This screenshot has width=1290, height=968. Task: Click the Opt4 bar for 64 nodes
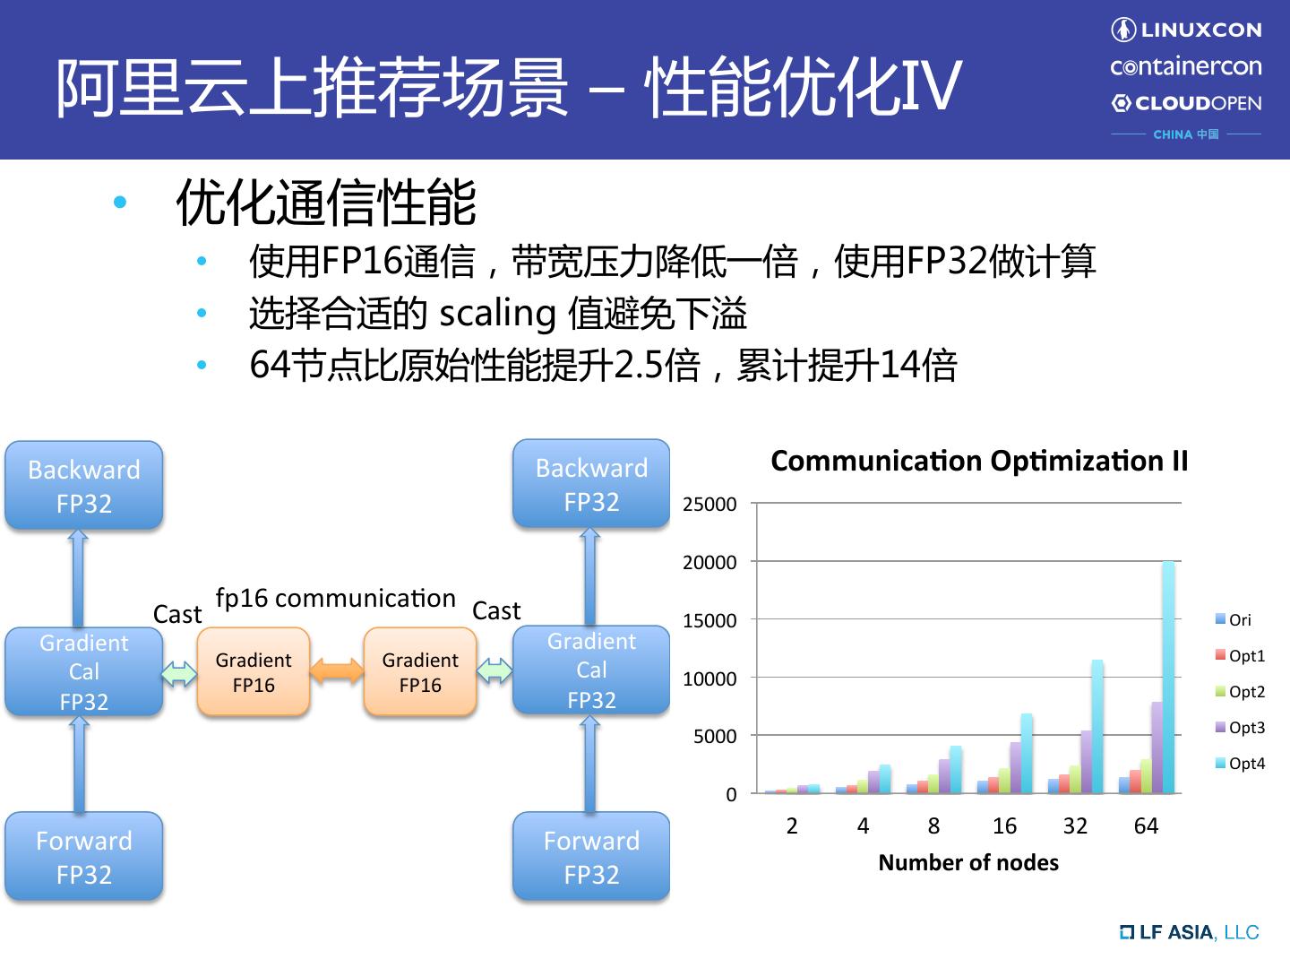[1167, 678]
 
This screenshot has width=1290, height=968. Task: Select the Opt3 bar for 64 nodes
[1157, 748]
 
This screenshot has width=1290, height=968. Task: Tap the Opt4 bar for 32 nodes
[1096, 727]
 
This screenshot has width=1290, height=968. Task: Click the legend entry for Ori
[1234, 619]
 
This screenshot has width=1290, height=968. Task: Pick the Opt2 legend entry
[1240, 691]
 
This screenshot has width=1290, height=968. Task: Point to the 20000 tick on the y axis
[709, 562]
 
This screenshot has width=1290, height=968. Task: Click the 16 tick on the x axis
[1004, 825]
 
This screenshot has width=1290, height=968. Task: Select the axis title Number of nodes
[968, 862]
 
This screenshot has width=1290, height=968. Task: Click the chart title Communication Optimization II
[979, 461]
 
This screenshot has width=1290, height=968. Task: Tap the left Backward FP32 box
[84, 486]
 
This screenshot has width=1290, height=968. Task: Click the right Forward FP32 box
[591, 857]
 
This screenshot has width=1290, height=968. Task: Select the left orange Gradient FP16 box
[254, 672]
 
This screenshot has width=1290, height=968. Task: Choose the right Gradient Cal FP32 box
[591, 670]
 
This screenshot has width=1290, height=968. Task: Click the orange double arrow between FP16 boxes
[337, 671]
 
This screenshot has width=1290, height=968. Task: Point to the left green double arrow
[179, 672]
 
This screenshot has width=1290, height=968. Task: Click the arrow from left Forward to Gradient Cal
[79, 765]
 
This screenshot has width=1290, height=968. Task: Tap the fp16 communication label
[336, 598]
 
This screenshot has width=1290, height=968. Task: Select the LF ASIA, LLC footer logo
[1190, 932]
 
